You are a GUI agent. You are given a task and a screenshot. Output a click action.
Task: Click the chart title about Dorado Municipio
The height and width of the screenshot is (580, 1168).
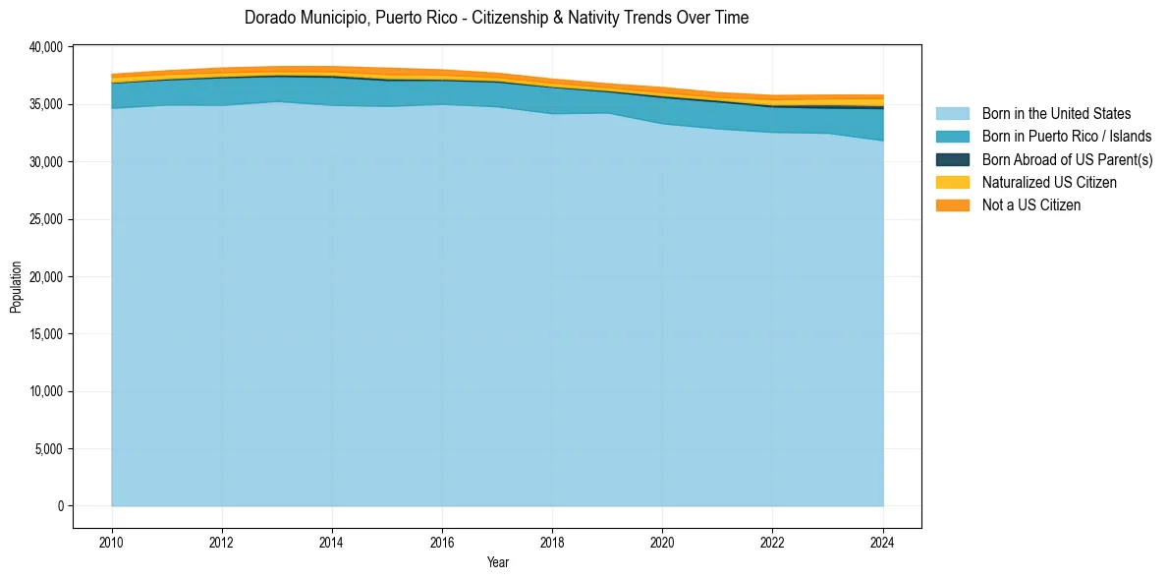click(496, 18)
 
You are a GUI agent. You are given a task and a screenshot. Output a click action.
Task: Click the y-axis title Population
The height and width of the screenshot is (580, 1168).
click(16, 287)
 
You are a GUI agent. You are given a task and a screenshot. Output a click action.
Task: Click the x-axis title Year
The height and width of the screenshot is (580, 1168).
click(497, 562)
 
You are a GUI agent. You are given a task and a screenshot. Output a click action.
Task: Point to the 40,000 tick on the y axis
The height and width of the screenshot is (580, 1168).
click(44, 47)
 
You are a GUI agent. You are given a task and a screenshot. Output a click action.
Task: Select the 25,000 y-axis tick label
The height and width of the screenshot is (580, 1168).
click(44, 219)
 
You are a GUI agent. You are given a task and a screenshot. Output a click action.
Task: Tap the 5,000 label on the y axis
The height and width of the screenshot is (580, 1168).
click(47, 449)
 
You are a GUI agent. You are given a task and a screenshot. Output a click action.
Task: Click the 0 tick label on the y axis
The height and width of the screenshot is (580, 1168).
click(60, 506)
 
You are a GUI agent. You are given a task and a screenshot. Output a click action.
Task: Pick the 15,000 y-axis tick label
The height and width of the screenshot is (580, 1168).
click(44, 334)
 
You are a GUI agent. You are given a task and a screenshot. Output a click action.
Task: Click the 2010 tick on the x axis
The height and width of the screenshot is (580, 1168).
click(112, 541)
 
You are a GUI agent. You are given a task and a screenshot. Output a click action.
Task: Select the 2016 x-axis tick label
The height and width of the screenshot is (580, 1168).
click(442, 541)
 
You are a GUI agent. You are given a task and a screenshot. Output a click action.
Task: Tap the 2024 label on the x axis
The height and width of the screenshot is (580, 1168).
click(883, 541)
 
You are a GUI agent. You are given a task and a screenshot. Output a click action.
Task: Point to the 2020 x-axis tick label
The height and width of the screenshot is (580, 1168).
click(663, 541)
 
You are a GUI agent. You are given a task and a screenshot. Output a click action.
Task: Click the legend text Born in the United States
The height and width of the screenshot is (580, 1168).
click(1056, 114)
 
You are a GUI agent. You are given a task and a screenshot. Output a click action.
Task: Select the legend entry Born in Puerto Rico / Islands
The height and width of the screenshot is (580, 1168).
click(1067, 137)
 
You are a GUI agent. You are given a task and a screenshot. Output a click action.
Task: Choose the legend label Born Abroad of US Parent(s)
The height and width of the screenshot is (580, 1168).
click(1067, 159)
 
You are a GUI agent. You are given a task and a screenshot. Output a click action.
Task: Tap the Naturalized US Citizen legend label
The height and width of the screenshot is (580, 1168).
click(1049, 182)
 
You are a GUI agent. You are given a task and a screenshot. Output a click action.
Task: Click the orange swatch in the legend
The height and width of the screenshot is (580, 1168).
click(952, 204)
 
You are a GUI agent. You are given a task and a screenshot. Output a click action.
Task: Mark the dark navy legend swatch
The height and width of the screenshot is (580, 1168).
click(952, 159)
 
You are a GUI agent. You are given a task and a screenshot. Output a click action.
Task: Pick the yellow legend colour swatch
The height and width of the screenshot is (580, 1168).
click(952, 182)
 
